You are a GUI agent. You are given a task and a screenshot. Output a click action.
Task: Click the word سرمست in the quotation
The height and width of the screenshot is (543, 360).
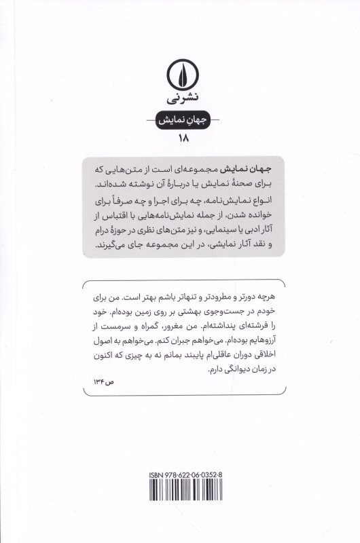[117, 329]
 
